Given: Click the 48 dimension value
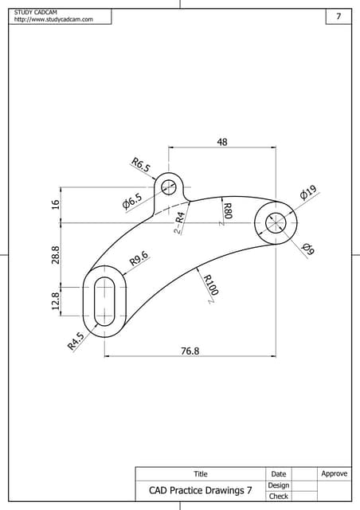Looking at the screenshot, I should click(x=222, y=141).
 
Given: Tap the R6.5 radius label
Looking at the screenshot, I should click(x=140, y=167).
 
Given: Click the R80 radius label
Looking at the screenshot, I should click(x=227, y=211).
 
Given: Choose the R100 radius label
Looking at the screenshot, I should click(x=211, y=284).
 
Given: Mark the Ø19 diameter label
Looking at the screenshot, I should click(x=308, y=192).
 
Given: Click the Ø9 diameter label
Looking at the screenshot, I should click(x=309, y=249).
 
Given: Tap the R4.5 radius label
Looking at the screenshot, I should click(x=76, y=343).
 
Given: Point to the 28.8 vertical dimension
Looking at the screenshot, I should click(x=56, y=257).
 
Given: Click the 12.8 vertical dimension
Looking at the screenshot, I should click(x=56, y=303).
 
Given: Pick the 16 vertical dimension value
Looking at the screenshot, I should click(x=56, y=205).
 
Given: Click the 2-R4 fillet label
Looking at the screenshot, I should click(x=179, y=222).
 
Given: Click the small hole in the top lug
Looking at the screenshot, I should click(x=168, y=187).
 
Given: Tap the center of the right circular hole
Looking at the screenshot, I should click(x=275, y=223).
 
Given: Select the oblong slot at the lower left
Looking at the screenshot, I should click(x=104, y=302).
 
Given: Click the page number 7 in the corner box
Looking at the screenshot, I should click(x=338, y=17).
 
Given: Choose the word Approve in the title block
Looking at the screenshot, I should click(x=334, y=474).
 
